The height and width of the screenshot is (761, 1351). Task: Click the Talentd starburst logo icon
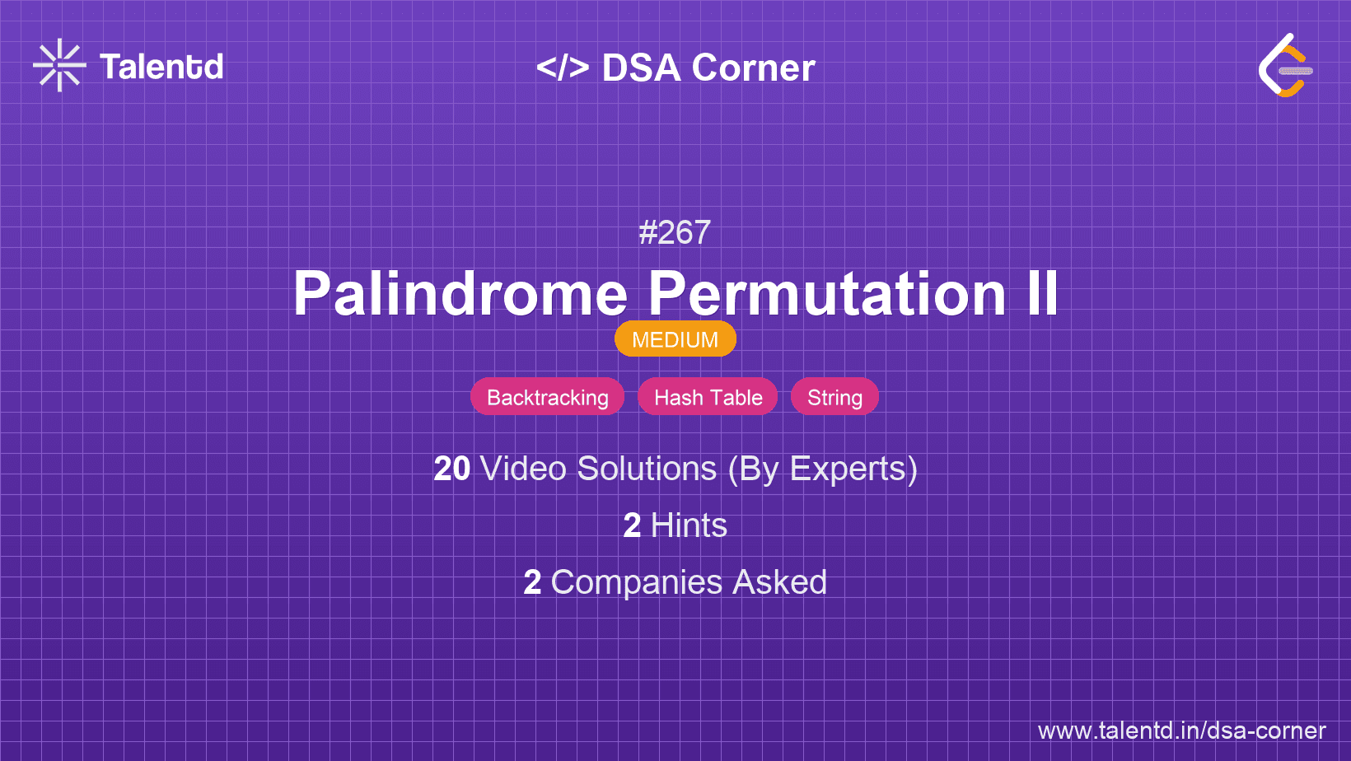click(59, 65)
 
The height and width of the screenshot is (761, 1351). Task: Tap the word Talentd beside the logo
click(161, 67)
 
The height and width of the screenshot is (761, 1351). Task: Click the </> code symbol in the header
click(563, 68)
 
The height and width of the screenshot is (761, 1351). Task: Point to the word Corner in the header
click(754, 68)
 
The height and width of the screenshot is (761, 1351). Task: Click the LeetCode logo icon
click(1286, 66)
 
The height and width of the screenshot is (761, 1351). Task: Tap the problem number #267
click(675, 233)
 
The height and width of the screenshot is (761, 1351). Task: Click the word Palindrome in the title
click(460, 293)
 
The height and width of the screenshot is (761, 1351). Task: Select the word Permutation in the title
click(827, 293)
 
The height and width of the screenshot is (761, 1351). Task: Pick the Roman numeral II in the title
click(1042, 293)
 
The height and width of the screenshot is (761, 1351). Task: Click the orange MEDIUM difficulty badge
click(675, 339)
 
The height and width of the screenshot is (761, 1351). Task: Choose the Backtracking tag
click(547, 397)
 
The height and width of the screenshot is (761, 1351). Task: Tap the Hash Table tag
click(708, 397)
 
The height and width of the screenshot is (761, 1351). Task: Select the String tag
click(834, 397)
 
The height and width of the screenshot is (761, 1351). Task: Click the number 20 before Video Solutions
click(451, 469)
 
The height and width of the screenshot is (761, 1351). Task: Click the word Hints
click(689, 525)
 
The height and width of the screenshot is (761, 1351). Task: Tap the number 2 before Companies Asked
click(532, 582)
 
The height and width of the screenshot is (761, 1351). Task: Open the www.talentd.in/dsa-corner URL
click(1181, 731)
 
